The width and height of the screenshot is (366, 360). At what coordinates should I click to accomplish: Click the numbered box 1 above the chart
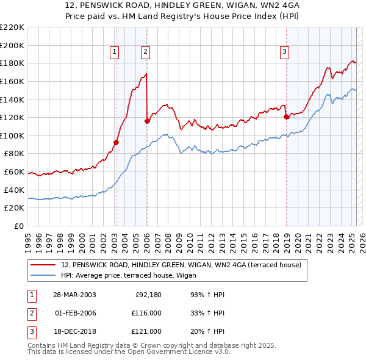(x=115, y=52)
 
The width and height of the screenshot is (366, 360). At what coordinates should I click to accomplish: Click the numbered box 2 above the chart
(x=146, y=52)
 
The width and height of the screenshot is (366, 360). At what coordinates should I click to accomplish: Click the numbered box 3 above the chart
(x=285, y=52)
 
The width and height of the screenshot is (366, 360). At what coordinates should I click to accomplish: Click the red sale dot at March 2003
(x=116, y=142)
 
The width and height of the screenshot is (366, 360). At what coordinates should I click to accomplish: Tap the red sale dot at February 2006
(x=147, y=121)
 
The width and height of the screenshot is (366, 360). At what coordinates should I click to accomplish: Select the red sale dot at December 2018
(x=286, y=117)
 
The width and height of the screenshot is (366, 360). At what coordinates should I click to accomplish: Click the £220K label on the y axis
(x=12, y=27)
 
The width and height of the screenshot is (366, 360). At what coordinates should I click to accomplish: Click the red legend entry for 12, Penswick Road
(x=177, y=265)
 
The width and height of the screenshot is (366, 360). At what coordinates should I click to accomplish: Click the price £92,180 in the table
(x=147, y=295)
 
